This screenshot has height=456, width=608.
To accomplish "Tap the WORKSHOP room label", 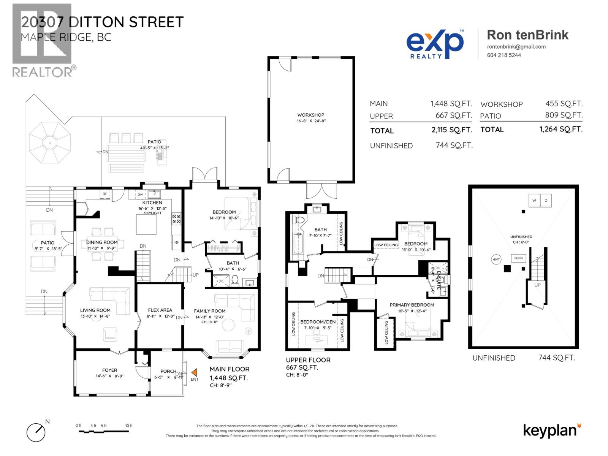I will pyautogui.click(x=310, y=115).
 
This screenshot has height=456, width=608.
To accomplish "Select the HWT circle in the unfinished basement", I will pyautogui.click(x=496, y=260).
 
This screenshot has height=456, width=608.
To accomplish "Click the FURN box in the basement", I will pyautogui.click(x=518, y=258).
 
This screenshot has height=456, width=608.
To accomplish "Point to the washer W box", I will pyautogui.click(x=534, y=200).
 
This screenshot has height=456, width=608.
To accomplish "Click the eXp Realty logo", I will pyautogui.click(x=435, y=44).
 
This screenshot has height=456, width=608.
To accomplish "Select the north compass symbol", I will pyautogui.click(x=36, y=432).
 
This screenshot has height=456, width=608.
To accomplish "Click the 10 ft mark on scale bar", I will pyautogui.click(x=129, y=426).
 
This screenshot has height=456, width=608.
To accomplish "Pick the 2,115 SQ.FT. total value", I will pyautogui.click(x=451, y=130).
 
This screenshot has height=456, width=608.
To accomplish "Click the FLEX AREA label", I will pyautogui.click(x=160, y=310).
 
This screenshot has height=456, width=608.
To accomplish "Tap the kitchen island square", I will pyautogui.click(x=146, y=224).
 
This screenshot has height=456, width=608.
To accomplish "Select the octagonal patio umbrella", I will pyautogui.click(x=50, y=143).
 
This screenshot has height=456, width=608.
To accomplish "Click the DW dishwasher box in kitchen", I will pyautogui.click(x=140, y=195).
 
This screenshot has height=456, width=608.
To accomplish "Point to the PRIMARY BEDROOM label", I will pyautogui.click(x=412, y=305).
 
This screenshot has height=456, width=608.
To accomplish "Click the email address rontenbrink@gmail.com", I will pyautogui.click(x=516, y=47).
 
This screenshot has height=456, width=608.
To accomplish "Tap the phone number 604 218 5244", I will pyautogui.click(x=504, y=55).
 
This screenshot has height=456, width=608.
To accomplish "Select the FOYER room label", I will pyautogui.click(x=109, y=370).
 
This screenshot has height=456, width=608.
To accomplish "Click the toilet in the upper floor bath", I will pyautogui.click(x=299, y=220).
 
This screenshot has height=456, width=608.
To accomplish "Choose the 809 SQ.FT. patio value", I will pyautogui.click(x=564, y=115).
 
